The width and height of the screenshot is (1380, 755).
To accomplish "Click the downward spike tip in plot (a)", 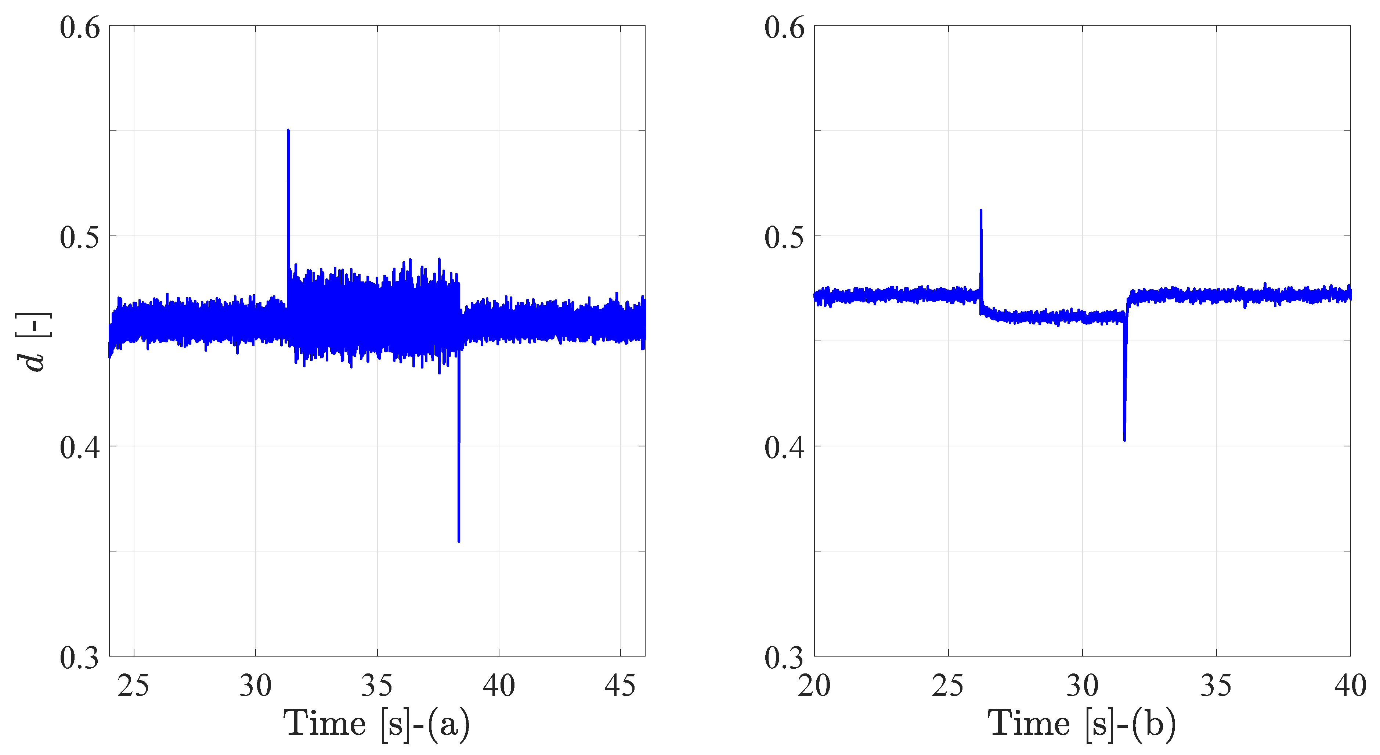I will click(459, 541).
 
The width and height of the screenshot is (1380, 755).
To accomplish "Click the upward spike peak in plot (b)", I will click(981, 211).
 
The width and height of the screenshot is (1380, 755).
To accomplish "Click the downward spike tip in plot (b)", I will click(1124, 440).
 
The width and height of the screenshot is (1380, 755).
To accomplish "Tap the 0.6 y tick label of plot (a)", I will click(80, 28).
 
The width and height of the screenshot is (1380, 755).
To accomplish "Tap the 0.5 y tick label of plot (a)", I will click(80, 237).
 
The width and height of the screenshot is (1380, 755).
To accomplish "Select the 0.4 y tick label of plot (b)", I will click(785, 447).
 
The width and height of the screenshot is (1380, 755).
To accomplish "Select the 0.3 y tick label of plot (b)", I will click(785, 658).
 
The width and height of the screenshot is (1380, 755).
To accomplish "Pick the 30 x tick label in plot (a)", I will click(256, 686).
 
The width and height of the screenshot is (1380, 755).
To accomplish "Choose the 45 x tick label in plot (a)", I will click(620, 686).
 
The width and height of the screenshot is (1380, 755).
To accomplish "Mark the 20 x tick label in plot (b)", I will click(814, 686).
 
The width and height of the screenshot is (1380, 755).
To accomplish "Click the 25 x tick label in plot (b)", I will click(948, 686).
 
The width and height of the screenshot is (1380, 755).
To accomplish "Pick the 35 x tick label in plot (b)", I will click(1216, 686).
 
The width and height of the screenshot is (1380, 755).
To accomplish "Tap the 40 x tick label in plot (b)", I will click(1350, 686).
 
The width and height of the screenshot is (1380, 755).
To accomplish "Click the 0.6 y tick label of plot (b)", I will click(785, 28).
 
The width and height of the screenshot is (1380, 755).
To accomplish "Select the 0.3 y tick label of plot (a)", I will click(80, 658).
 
